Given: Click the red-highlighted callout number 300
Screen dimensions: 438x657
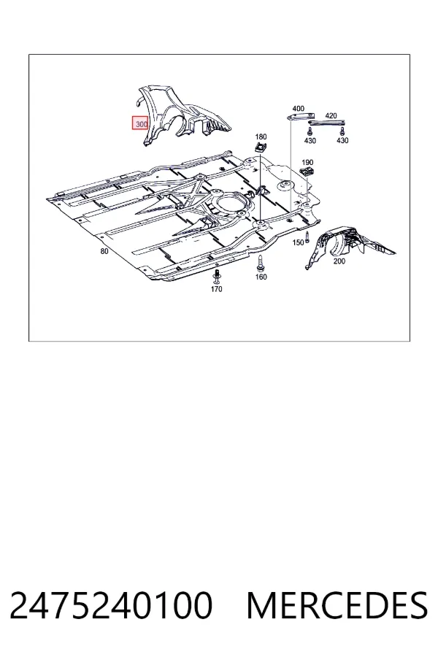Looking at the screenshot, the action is (x=141, y=124).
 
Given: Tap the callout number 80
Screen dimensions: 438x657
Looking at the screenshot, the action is (x=104, y=251).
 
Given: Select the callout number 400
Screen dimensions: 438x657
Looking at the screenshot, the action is (x=298, y=109).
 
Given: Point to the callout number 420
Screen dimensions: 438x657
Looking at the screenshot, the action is (x=331, y=115).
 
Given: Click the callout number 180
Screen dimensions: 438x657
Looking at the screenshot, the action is (x=261, y=137).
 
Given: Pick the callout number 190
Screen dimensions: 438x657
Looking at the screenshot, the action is (x=307, y=163).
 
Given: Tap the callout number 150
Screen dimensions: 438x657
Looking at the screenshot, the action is (x=298, y=242).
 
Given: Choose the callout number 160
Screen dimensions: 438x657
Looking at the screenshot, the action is (x=261, y=277).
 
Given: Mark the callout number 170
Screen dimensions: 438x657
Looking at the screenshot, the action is (x=216, y=288).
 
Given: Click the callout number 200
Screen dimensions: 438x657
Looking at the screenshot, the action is (x=339, y=261).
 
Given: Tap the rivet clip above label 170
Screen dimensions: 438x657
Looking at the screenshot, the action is (x=217, y=276).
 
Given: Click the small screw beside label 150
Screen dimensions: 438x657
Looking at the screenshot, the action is (x=307, y=237).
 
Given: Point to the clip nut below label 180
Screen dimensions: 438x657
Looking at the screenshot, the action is (x=261, y=147).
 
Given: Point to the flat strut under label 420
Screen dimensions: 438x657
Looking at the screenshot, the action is (x=326, y=123).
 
